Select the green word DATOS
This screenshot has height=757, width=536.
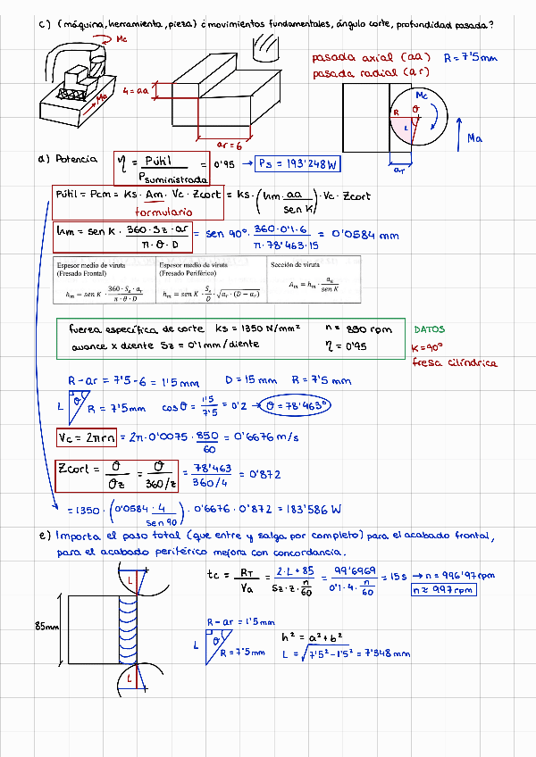pyautogui.click(x=431, y=329)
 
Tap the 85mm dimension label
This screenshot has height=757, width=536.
pyautogui.click(x=47, y=627)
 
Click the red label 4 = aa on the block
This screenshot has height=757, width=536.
pyautogui.click(x=136, y=91)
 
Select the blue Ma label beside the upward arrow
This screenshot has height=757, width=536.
pyautogui.click(x=475, y=138)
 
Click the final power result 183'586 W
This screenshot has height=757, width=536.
pyautogui.click(x=314, y=511)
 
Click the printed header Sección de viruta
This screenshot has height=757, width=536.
pyautogui.click(x=297, y=265)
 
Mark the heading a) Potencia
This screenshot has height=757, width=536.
pyautogui.click(x=68, y=159)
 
